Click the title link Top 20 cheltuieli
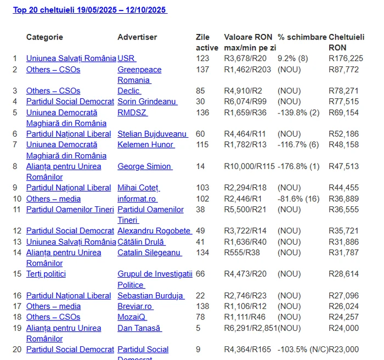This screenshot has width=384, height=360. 90,10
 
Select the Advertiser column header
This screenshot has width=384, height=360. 137,37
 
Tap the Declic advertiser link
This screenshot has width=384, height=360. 129,91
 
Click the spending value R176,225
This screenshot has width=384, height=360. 346,59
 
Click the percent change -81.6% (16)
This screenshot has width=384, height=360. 298,199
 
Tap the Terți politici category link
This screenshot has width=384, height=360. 46,274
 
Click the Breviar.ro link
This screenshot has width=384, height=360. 135,306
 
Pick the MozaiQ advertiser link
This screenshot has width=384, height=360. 132,317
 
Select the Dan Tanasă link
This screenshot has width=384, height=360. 139,328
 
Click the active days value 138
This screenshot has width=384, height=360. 202,306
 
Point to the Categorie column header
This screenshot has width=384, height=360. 44,37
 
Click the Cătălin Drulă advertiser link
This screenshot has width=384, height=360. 141,242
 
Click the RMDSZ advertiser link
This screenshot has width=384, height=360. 132,113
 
